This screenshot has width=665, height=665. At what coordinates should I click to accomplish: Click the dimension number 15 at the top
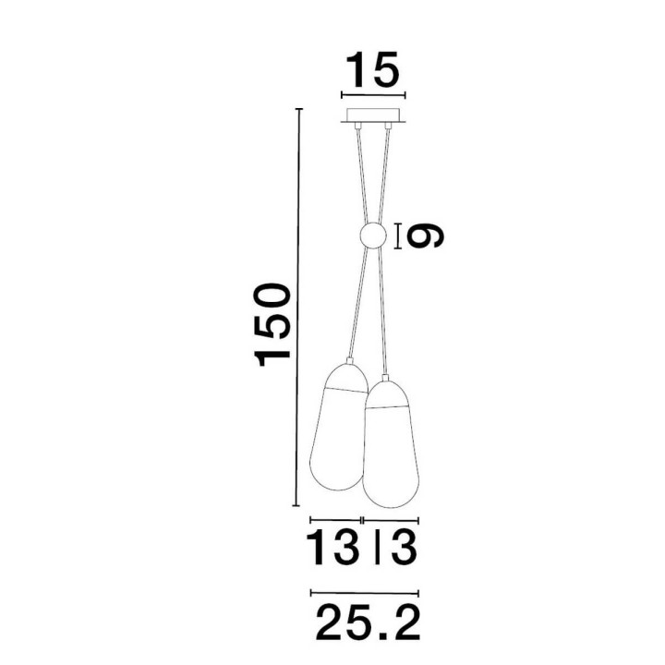coord(373,69)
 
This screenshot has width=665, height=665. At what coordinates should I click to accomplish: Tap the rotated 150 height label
coord(272,325)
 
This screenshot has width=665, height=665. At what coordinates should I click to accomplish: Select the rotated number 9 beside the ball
coord(425,236)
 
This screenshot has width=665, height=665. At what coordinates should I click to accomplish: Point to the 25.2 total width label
coord(369,623)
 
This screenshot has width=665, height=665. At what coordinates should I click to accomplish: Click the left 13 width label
coord(332,548)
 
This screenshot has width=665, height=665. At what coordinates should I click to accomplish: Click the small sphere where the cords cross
coord(373,236)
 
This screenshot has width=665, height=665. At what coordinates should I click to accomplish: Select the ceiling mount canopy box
coord(373,115)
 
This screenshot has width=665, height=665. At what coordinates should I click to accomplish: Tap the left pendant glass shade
coord(339,427)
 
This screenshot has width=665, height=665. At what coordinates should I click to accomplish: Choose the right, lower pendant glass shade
coord(392,443)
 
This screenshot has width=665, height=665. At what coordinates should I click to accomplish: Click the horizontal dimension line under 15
coord(373,94)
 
